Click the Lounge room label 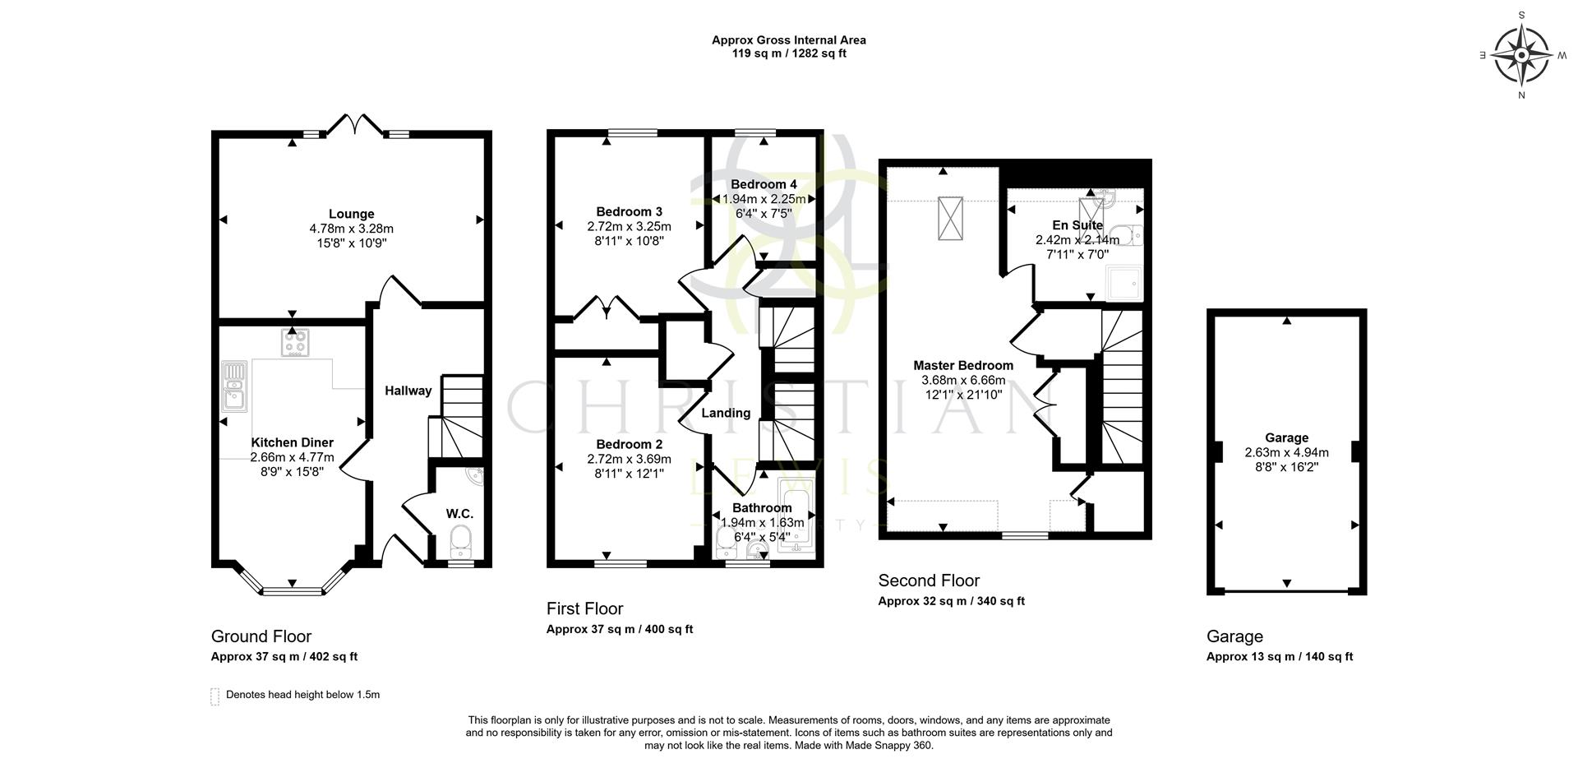[351, 214]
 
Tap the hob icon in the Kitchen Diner [295, 342]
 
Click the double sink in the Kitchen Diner [234, 386]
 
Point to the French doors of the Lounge [354, 126]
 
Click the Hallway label [408, 391]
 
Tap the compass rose [1520, 55]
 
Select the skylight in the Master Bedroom [950, 218]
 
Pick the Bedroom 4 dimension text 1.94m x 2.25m [763, 199]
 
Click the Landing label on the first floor [726, 413]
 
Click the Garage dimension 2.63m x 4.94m [1286, 452]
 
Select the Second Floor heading [929, 581]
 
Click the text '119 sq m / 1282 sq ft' [788, 53]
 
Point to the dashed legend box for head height [215, 696]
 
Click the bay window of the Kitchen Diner [292, 589]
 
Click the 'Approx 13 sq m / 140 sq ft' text [1279, 656]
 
